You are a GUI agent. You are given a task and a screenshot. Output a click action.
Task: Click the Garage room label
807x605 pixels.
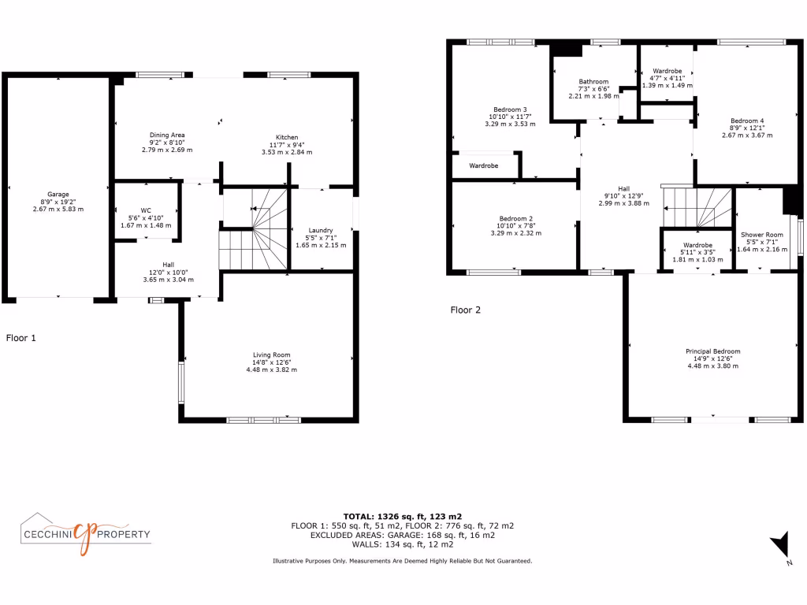58,195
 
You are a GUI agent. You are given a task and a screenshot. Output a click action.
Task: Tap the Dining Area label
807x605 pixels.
167,135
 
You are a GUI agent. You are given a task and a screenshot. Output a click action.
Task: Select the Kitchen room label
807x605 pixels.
287,137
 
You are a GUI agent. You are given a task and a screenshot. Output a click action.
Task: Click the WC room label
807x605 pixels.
146,210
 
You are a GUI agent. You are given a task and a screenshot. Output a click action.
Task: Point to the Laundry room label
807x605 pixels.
319,231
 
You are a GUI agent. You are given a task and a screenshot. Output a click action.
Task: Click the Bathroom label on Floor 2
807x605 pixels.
593,82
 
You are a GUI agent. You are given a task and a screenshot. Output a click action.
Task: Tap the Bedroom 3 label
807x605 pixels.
510,109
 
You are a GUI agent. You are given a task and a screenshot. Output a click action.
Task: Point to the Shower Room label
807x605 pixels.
761,235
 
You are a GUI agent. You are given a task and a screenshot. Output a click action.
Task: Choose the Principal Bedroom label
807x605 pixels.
712,351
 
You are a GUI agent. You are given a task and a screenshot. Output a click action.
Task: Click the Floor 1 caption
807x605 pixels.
21,338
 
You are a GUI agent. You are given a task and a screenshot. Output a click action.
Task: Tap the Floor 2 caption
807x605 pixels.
465,310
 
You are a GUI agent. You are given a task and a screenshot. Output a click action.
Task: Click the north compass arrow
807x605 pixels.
779,544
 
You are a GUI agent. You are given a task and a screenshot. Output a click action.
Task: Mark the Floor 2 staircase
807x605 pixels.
697,207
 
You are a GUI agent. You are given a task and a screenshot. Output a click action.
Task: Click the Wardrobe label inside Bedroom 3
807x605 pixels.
484,166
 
